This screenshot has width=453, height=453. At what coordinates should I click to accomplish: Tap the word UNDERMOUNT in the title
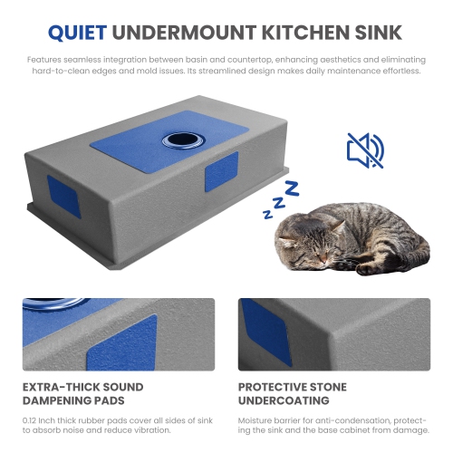186,33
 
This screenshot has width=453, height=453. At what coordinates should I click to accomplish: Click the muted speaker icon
365,150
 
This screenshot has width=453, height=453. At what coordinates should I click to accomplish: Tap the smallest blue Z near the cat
268,214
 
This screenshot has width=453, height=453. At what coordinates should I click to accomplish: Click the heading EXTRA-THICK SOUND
82,387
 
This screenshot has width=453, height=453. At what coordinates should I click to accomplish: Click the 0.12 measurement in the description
33,421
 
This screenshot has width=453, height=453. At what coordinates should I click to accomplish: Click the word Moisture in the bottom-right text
257,421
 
